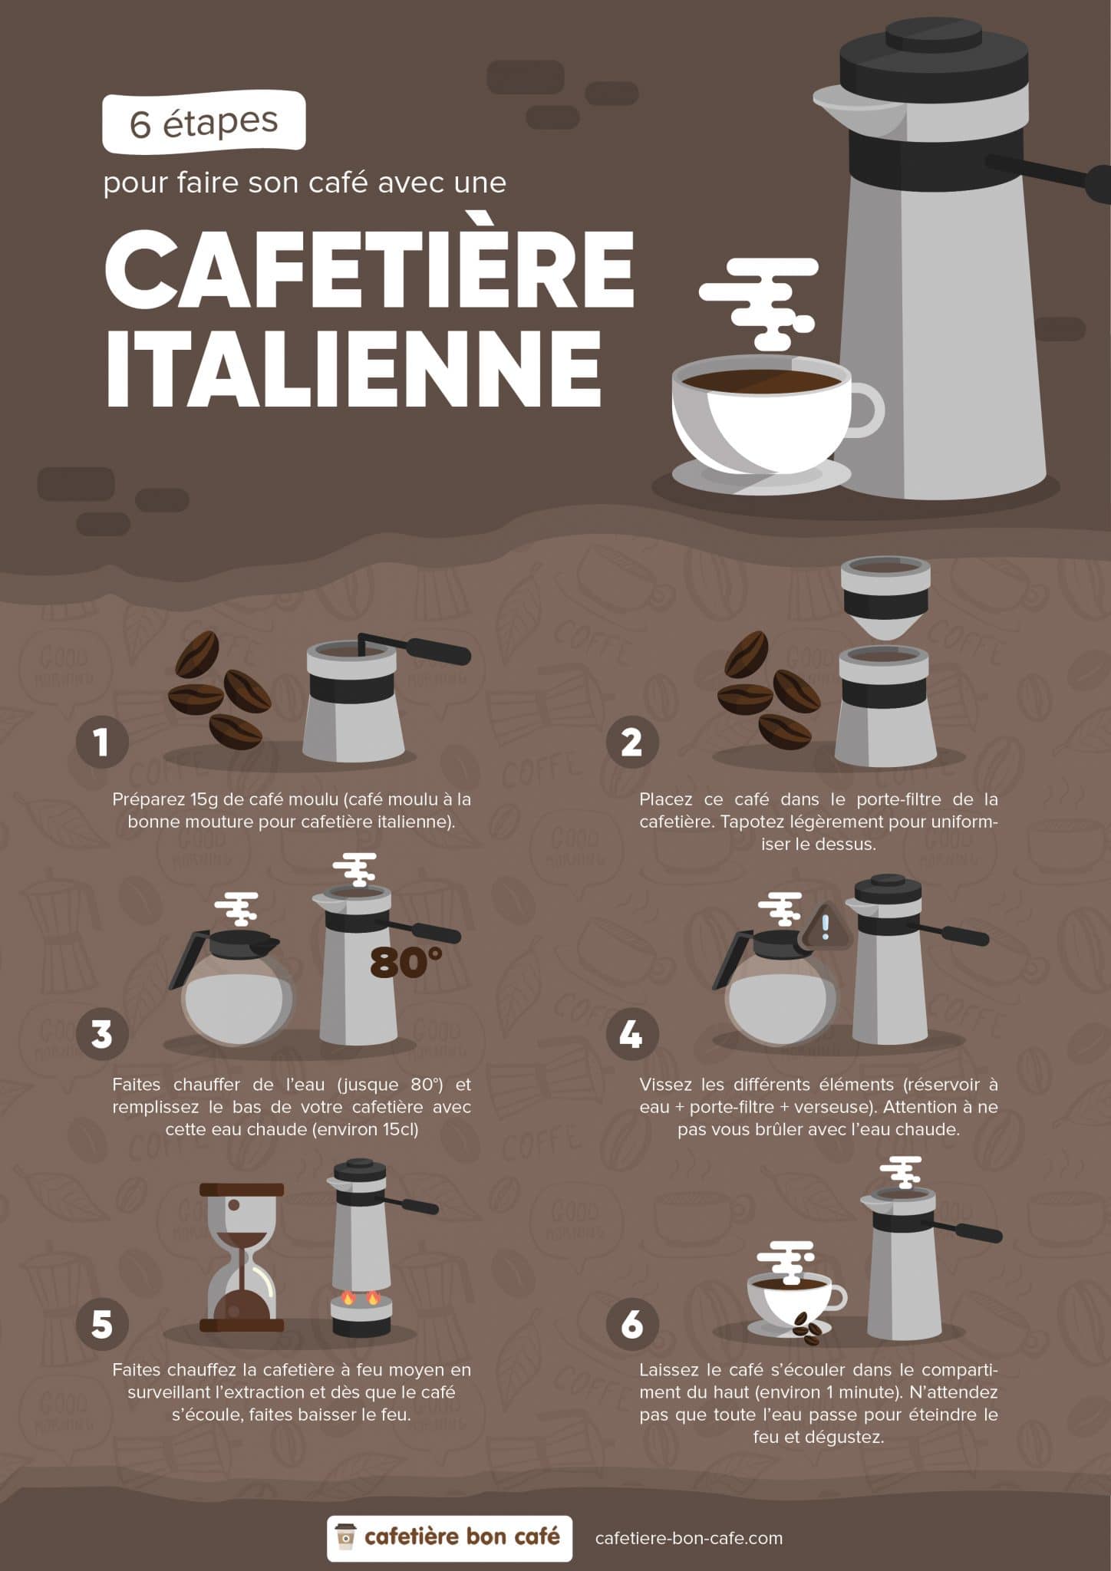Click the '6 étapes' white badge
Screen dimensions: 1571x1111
[x=204, y=122]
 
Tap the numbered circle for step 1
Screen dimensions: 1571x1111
[x=102, y=742]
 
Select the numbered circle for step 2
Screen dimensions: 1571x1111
[x=631, y=742]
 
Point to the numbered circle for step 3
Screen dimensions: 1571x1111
[x=102, y=1033]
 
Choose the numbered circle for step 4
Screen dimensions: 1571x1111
[x=631, y=1033]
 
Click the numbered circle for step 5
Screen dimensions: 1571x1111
[x=102, y=1323]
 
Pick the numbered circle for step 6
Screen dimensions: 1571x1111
[x=631, y=1323]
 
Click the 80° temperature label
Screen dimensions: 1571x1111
[x=406, y=963]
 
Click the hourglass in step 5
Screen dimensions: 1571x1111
[x=242, y=1257]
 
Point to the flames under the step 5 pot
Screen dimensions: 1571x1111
[x=361, y=1298]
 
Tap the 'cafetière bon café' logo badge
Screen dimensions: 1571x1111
[x=449, y=1537]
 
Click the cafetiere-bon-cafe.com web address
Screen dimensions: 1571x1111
[x=689, y=1537]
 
